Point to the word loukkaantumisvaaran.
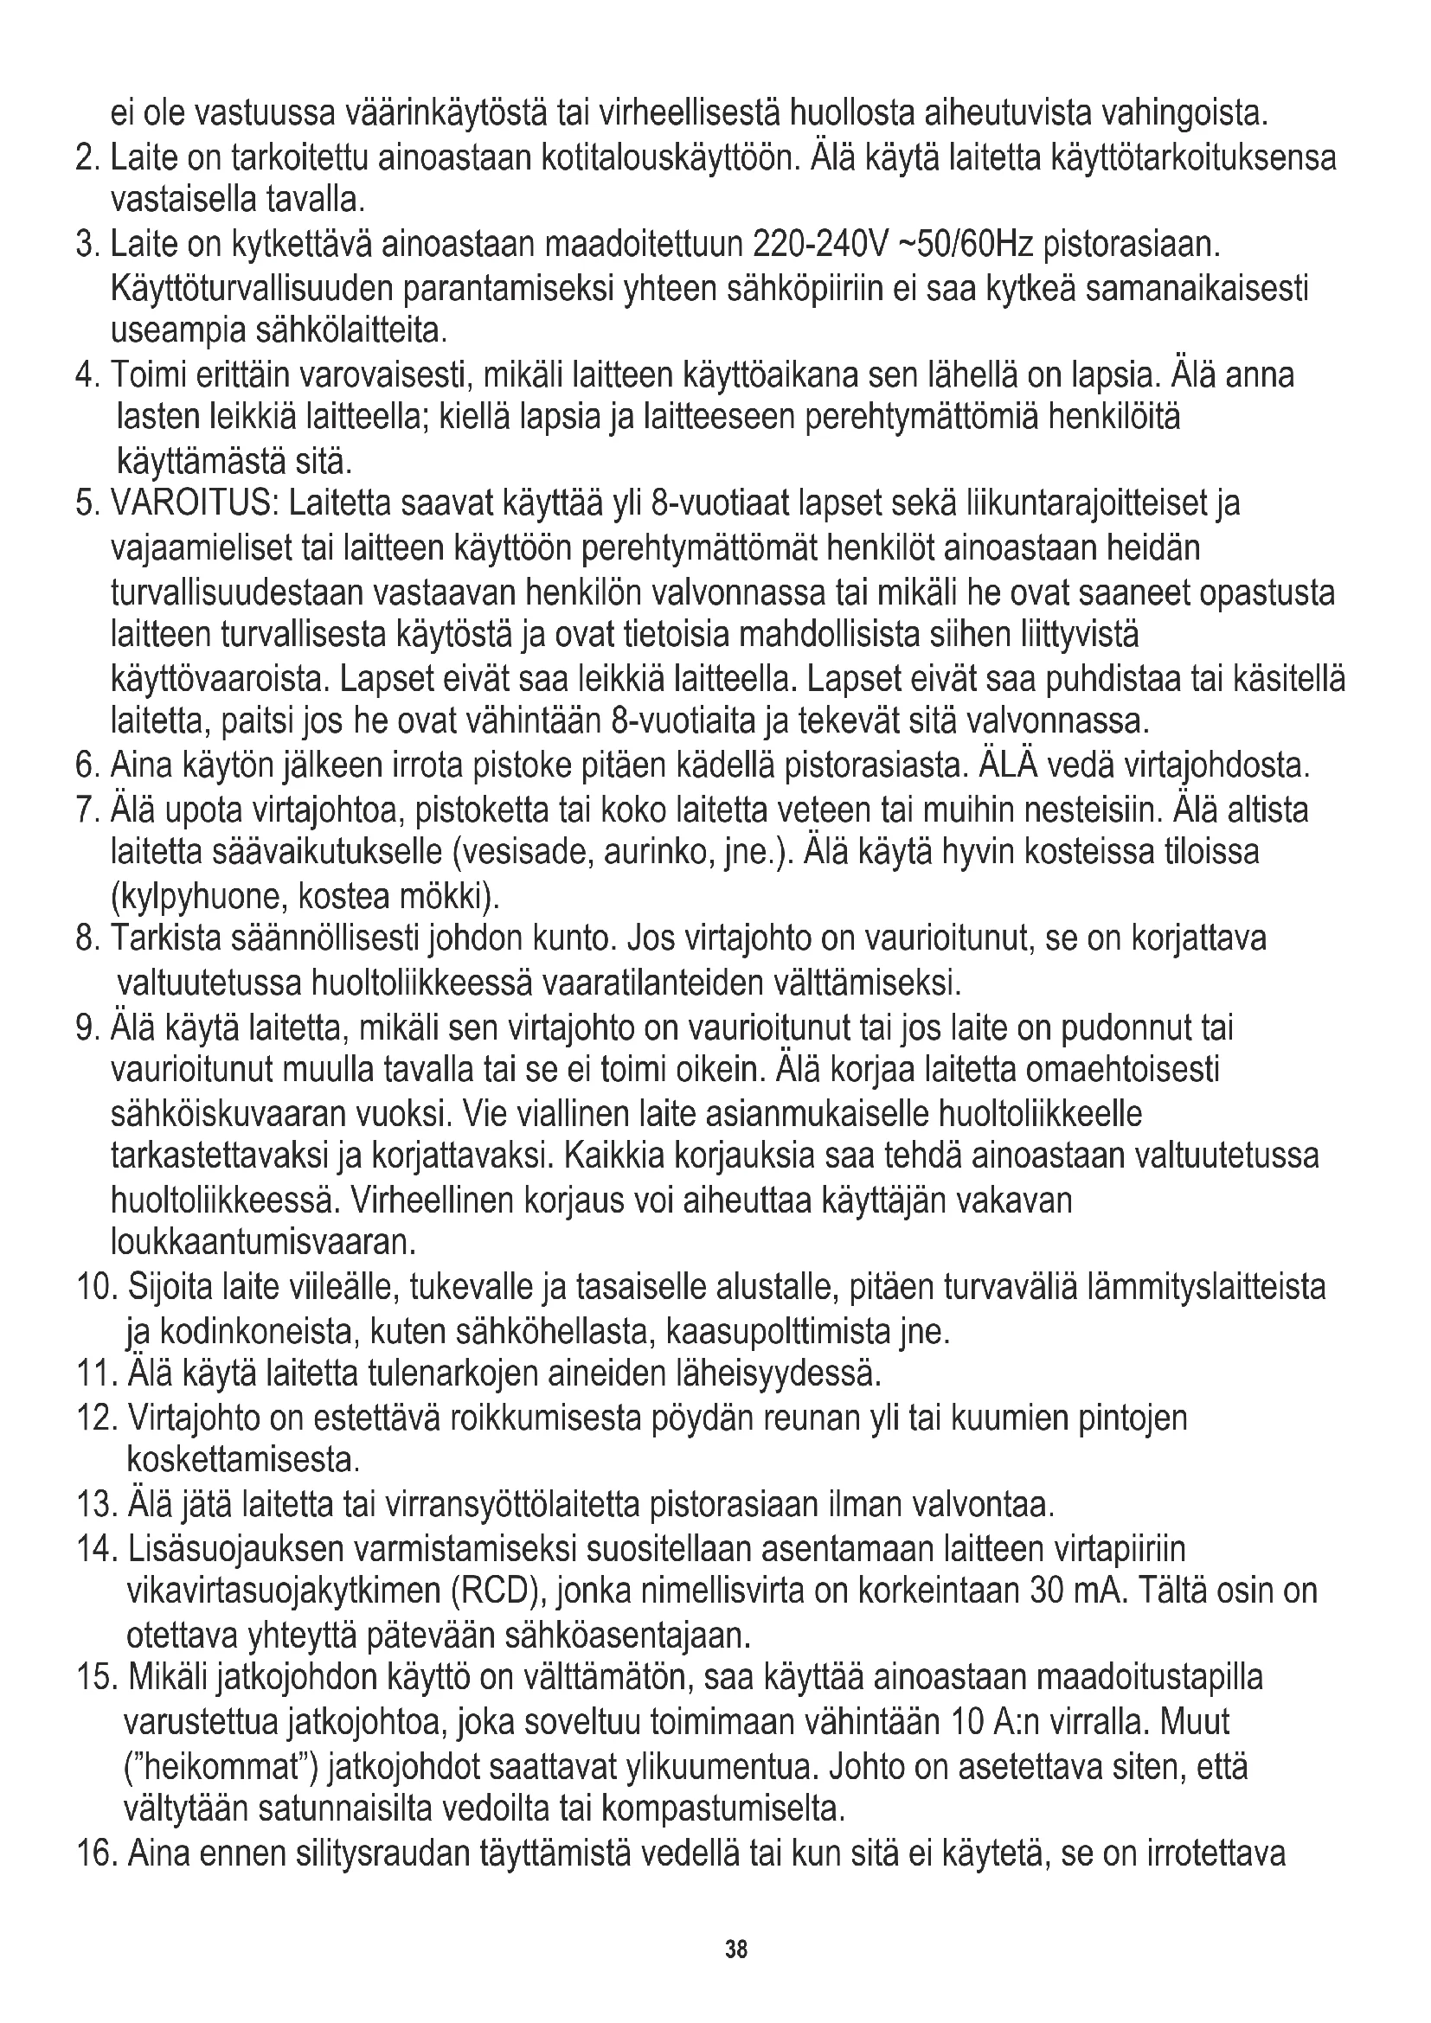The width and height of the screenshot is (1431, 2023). click(x=263, y=1243)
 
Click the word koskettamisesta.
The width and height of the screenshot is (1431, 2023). click(x=243, y=1461)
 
